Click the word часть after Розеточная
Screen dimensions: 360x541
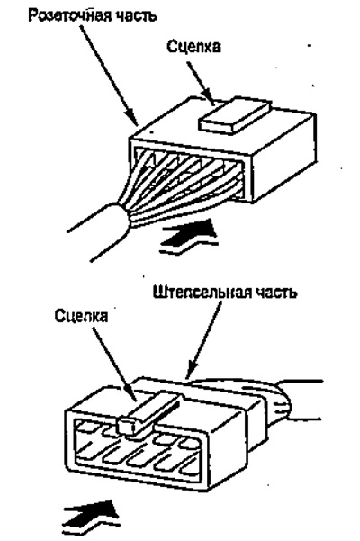[x=137, y=16]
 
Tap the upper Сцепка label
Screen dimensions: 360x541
[x=193, y=47]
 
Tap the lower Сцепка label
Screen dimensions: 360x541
[x=81, y=316]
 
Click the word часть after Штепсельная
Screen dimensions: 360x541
[x=276, y=293]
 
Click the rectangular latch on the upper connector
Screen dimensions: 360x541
[x=234, y=115]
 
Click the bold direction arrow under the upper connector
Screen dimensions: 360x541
[x=189, y=236]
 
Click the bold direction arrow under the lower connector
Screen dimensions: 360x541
[x=92, y=517]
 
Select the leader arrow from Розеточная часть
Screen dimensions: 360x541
[x=109, y=76]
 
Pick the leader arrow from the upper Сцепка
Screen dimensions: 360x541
[x=202, y=84]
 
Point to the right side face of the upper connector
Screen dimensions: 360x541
[x=284, y=158]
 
